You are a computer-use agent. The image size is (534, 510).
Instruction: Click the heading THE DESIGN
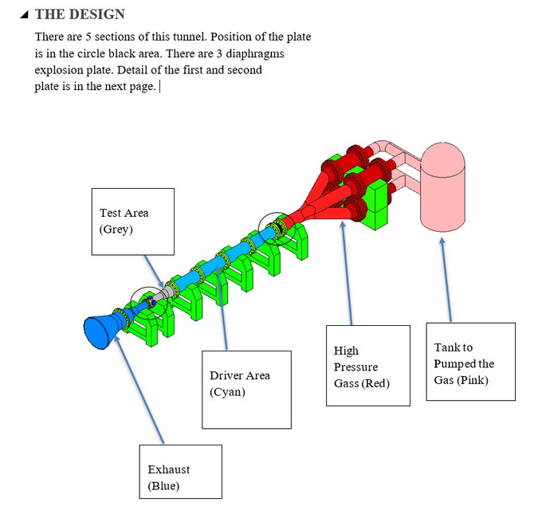(80, 14)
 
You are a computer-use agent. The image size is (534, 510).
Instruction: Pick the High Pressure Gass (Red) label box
(367, 366)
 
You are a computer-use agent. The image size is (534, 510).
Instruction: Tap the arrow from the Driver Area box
(222, 311)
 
